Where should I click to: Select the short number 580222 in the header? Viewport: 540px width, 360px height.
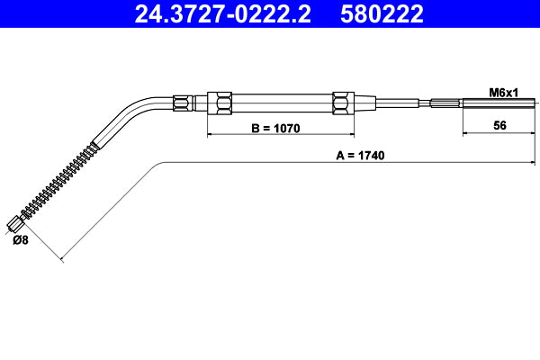pyautogui.click(x=381, y=14)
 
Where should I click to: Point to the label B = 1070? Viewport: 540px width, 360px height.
pyautogui.click(x=274, y=128)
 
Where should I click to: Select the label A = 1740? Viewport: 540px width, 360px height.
pyautogui.click(x=360, y=155)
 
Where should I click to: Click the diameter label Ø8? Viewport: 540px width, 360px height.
pyautogui.click(x=20, y=240)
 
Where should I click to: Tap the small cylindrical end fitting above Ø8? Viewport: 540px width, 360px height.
pyautogui.click(x=14, y=223)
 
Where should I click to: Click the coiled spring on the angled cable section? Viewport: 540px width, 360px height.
pyautogui.click(x=58, y=180)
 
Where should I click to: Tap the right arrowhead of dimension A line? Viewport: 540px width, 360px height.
pyautogui.click(x=532, y=162)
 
